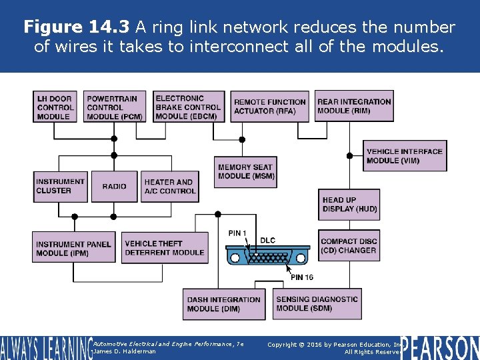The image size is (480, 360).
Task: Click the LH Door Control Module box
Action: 55,107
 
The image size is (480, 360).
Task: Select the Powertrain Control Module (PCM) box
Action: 114,107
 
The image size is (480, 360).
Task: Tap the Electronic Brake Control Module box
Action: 188,107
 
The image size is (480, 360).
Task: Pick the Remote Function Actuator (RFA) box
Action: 270,107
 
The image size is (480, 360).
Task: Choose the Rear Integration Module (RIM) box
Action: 354,106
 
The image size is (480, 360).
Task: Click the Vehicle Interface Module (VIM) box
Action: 404,156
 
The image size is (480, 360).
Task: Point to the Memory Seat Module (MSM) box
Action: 246,171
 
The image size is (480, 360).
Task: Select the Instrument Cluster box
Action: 61,186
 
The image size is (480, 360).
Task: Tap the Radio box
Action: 114,187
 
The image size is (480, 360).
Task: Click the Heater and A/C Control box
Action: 170,187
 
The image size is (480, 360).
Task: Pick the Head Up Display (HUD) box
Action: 349,204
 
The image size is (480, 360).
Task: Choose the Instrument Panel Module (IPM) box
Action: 73,249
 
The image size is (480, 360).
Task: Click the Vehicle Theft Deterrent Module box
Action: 164,248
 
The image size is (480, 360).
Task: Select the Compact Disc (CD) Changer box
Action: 349,246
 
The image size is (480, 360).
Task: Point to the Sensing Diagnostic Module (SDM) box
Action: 317,304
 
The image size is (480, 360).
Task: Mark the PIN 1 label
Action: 238,233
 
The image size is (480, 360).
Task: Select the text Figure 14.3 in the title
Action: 77,27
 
